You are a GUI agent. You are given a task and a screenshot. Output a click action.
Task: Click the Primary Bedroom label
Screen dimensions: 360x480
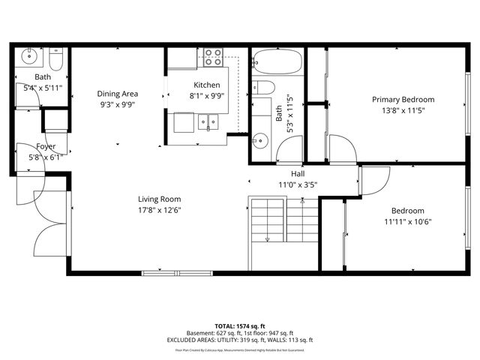403,100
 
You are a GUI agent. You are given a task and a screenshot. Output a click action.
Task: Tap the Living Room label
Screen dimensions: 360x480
159,199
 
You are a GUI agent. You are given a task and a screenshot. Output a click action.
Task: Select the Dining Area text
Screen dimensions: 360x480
118,94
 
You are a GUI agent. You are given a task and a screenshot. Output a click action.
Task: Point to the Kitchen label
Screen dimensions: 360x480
206,85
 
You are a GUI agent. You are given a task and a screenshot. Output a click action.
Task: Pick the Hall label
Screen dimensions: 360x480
292,172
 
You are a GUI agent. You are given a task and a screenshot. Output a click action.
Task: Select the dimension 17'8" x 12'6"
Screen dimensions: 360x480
159,210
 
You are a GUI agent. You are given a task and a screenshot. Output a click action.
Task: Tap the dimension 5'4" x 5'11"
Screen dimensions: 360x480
42,88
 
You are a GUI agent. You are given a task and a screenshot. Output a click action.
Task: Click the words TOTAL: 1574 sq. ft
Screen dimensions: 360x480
240,326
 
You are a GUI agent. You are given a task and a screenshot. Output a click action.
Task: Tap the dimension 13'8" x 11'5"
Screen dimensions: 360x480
403,110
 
